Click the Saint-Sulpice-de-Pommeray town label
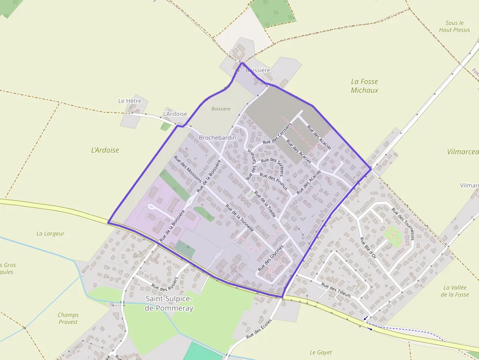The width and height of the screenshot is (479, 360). [x=169, y=303]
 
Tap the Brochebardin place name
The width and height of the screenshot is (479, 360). [x=217, y=138]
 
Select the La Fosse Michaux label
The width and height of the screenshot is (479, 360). [x=365, y=86]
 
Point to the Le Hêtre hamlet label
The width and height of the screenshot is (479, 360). [x=130, y=101]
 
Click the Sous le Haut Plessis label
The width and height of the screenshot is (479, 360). [x=455, y=26]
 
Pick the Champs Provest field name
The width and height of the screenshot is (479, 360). [x=68, y=318]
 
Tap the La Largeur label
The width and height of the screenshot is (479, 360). [x=50, y=233]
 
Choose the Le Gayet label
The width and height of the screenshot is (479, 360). [x=321, y=352]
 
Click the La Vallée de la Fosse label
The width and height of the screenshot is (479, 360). [x=455, y=291]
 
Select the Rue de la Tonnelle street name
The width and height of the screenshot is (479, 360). [x=239, y=217]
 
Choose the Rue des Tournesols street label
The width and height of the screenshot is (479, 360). [x=403, y=224]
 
